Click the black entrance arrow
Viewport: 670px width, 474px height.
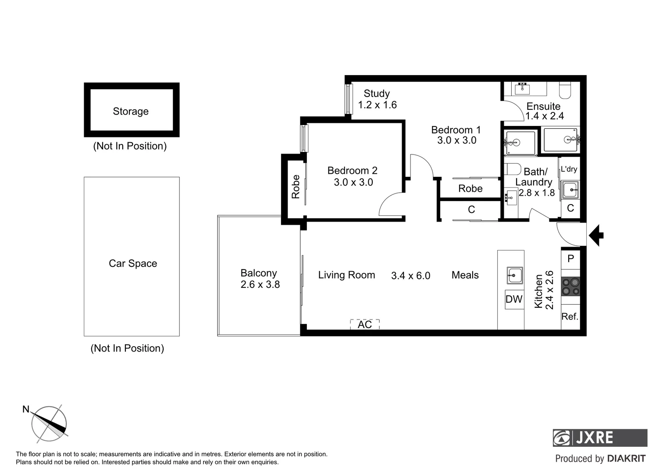[596, 235]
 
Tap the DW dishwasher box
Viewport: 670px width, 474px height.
[514, 299]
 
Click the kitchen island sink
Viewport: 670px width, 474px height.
[514, 276]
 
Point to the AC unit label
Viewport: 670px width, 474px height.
[365, 324]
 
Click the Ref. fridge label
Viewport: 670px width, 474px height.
[570, 316]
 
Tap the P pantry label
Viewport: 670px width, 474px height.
[570, 259]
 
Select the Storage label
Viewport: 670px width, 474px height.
[131, 111]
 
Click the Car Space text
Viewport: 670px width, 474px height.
[133, 263]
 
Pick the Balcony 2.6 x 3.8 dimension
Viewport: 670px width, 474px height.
[260, 284]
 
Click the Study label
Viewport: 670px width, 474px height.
[377, 93]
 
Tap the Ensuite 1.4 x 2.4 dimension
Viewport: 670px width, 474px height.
[545, 116]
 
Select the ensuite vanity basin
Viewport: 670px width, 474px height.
[522, 89]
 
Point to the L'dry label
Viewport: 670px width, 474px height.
[569, 169]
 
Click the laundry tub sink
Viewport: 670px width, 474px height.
[570, 190]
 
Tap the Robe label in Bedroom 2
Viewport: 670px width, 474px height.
[296, 187]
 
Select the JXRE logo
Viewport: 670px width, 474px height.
[599, 438]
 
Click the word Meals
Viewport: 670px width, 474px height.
[465, 275]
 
